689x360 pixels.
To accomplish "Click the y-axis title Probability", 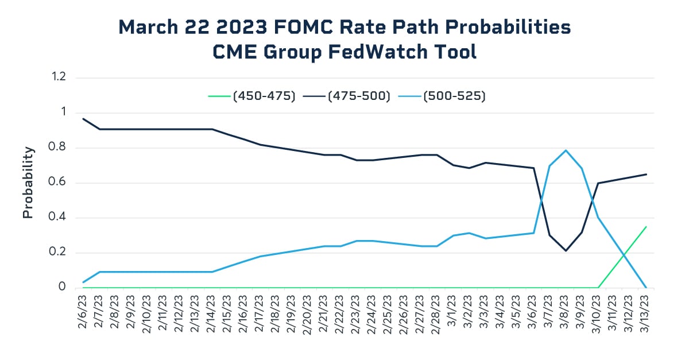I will coord(28,183).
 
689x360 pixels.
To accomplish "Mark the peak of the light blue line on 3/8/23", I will coord(566,150).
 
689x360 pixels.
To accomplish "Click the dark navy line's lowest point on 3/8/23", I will coord(566,250).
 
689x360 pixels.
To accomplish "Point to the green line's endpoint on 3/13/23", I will coord(646,227).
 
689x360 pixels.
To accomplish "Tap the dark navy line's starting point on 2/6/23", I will coord(83,119).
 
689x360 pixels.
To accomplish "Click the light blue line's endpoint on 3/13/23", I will coord(646,288).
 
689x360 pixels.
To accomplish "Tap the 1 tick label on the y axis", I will coord(63,113).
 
